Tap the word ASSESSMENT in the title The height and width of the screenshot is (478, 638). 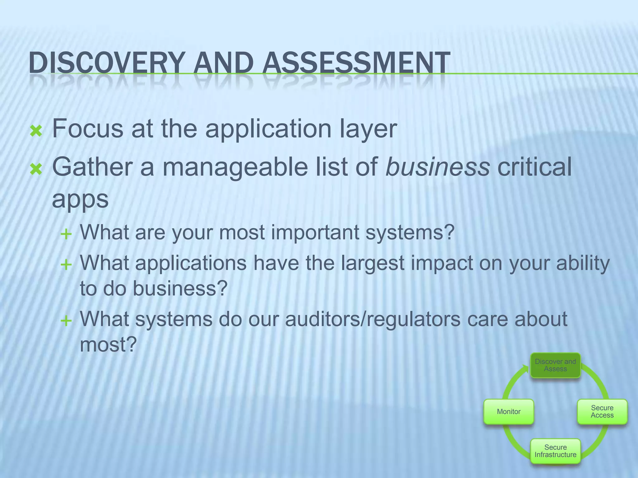pyautogui.click(x=356, y=63)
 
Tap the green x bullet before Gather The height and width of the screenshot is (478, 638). pyautogui.click(x=36, y=170)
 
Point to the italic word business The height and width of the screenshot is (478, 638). pyautogui.click(x=437, y=167)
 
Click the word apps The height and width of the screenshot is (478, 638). pyautogui.click(x=80, y=199)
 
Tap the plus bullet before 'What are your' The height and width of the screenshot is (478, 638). pyautogui.click(x=66, y=234)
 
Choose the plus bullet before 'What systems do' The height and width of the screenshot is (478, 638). pyautogui.click(x=66, y=321)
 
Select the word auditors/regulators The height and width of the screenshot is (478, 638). pyautogui.click(x=373, y=319)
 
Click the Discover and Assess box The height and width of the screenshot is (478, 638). pyautogui.click(x=555, y=365)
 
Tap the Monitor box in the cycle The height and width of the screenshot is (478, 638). pyautogui.click(x=508, y=412)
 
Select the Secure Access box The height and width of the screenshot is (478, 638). pyautogui.click(x=602, y=412)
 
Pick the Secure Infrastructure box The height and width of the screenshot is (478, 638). pyautogui.click(x=555, y=451)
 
